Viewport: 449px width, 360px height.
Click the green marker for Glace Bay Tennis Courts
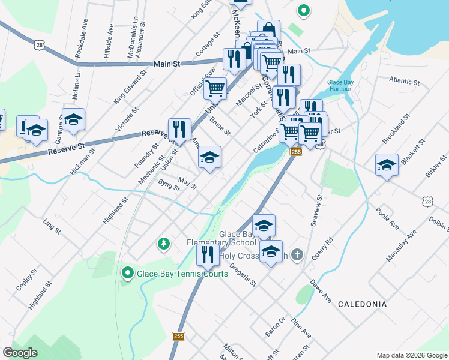tap(127, 274)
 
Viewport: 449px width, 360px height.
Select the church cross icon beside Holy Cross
tap(298, 255)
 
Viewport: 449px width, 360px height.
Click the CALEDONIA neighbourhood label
tap(362, 304)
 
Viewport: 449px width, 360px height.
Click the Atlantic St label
tap(403, 80)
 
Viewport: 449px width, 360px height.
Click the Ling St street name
tap(52, 226)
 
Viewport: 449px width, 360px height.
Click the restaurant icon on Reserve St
tap(179, 129)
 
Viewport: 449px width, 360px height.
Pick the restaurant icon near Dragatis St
tap(207, 254)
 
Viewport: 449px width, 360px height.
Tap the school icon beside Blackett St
tap(387, 166)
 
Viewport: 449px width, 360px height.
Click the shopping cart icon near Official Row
tap(215, 88)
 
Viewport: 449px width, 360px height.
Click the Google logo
tap(20, 353)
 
